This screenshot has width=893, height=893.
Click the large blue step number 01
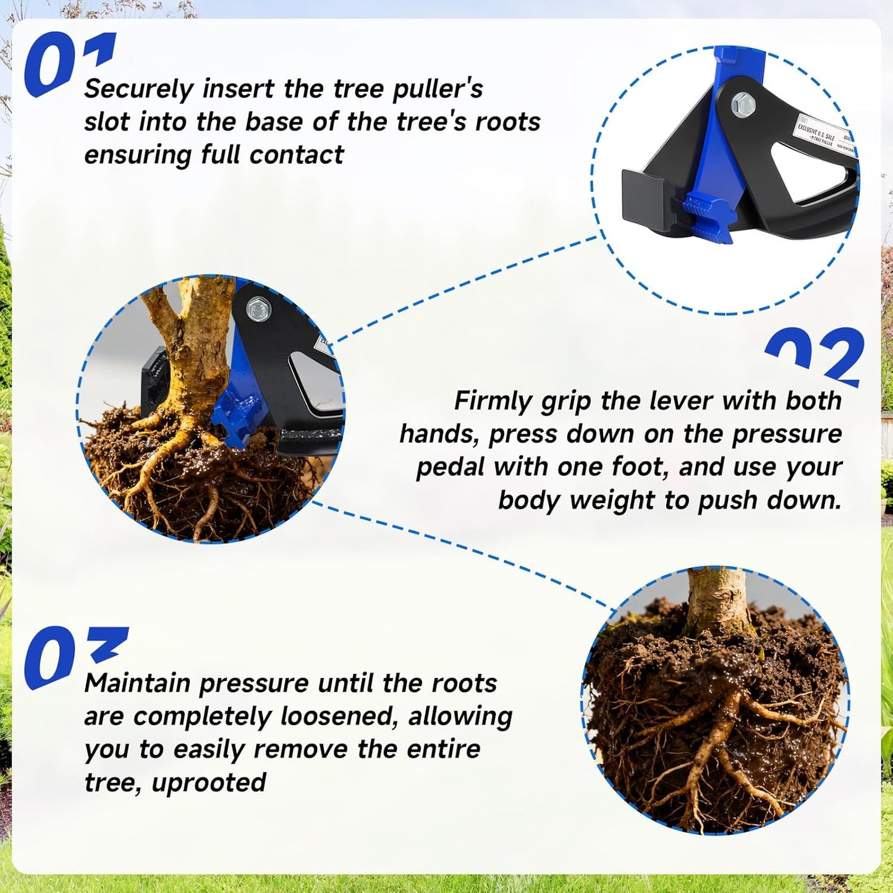tap(68, 65)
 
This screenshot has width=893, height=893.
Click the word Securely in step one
tap(139, 90)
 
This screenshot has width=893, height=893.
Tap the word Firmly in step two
tap(493, 401)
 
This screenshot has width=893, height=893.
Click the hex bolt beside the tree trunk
tap(257, 307)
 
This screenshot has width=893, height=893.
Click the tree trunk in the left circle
tap(198, 346)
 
